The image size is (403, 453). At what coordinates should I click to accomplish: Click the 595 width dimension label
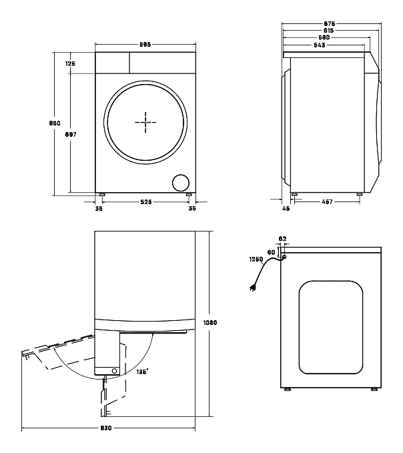[x=145, y=45]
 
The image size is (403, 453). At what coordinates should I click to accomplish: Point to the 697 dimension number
[x=71, y=134]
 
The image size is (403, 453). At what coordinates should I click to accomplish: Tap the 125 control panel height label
[x=71, y=63]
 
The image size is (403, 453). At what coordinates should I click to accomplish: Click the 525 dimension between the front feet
[x=145, y=201]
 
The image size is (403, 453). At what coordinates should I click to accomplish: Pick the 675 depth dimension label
[x=328, y=23]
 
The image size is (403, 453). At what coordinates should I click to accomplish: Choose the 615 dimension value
[x=328, y=31]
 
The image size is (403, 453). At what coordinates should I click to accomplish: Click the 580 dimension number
[x=327, y=38]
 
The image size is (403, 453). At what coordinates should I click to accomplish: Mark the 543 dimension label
[x=321, y=45]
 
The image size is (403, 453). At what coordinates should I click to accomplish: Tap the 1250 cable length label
[x=256, y=260]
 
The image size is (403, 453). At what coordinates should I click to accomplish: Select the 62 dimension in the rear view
[x=282, y=238]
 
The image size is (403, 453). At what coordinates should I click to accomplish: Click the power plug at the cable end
[x=253, y=289]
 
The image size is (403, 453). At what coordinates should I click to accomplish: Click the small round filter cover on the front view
[x=181, y=183]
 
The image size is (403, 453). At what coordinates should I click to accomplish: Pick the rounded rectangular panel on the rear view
[x=331, y=327]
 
